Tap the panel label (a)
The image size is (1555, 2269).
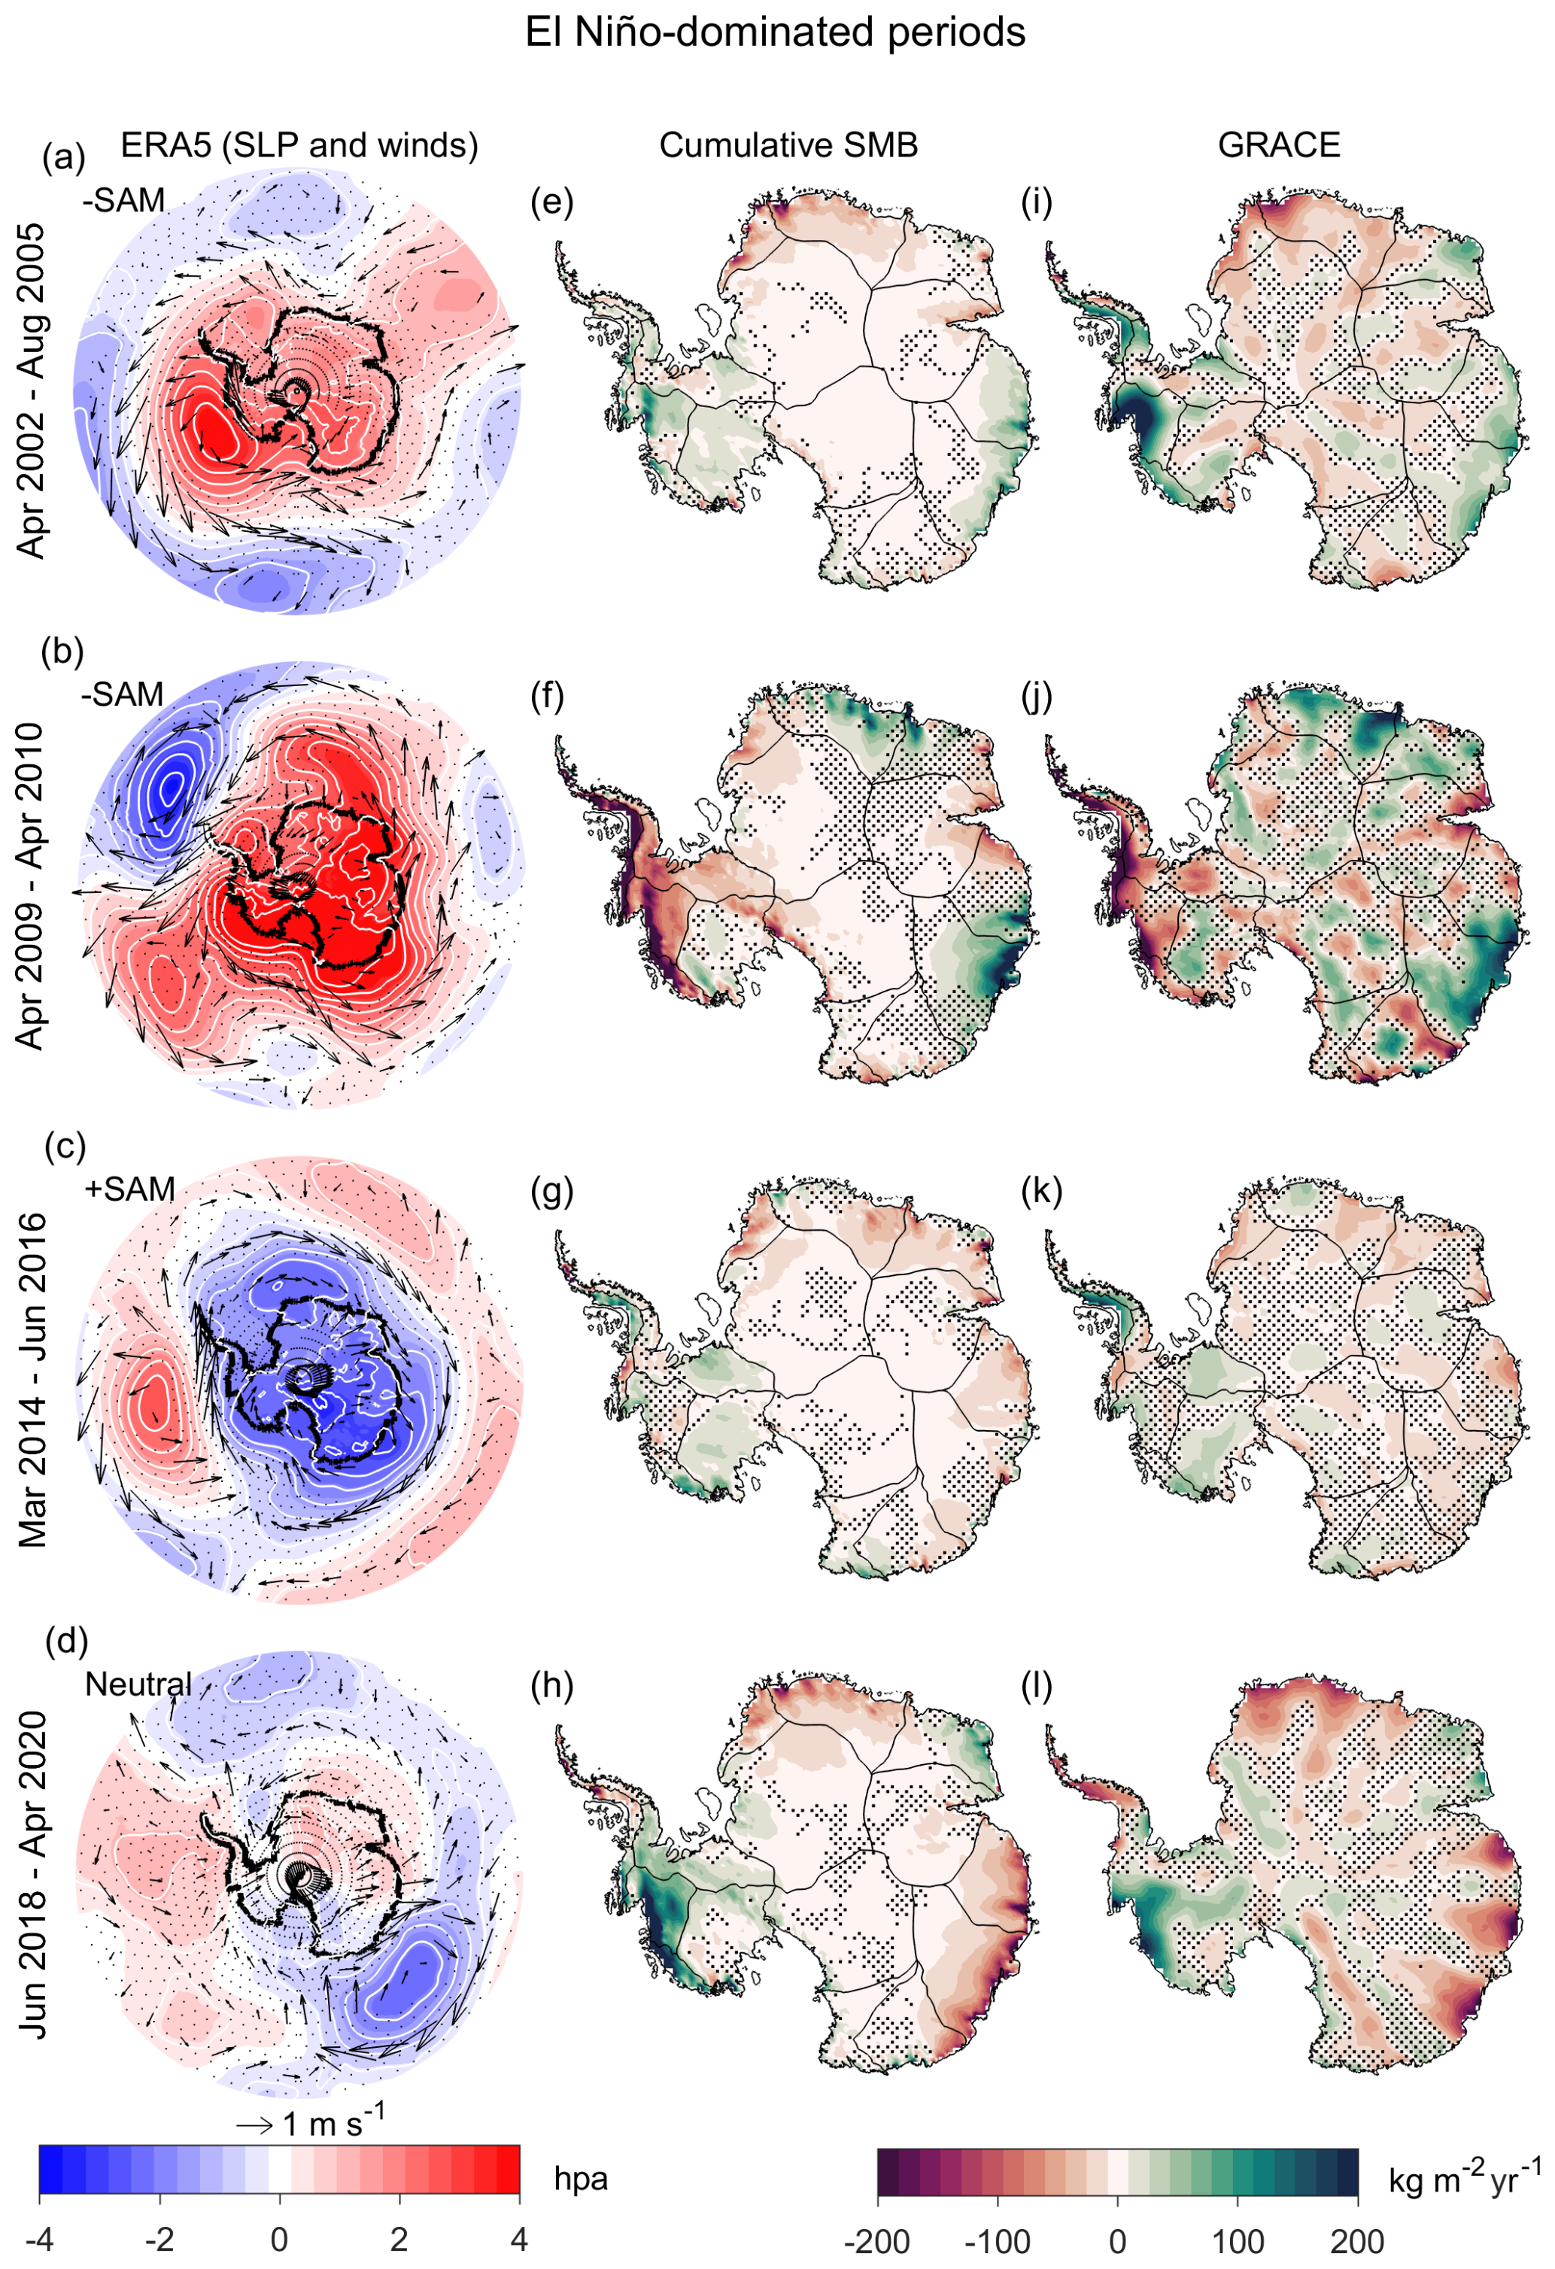point(63,156)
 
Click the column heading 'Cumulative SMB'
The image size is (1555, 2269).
point(788,145)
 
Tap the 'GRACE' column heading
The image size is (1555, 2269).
point(1279,145)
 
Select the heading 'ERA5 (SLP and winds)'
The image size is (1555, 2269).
point(299,145)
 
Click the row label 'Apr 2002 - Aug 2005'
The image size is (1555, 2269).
point(32,390)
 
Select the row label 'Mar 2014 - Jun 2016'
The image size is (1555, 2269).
point(32,1380)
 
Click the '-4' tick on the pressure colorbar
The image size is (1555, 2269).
point(39,2239)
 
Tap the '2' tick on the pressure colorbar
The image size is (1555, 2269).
point(399,2239)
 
